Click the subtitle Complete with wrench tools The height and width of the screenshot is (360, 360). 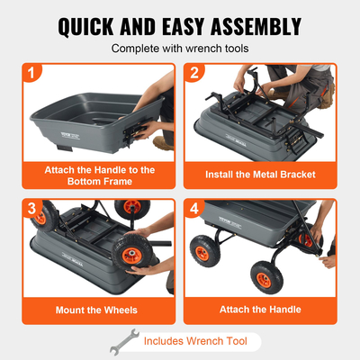[180, 49]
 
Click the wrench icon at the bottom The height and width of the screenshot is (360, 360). [121, 342]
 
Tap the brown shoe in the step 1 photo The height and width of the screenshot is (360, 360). [163, 142]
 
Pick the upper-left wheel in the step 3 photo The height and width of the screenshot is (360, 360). [53, 220]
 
